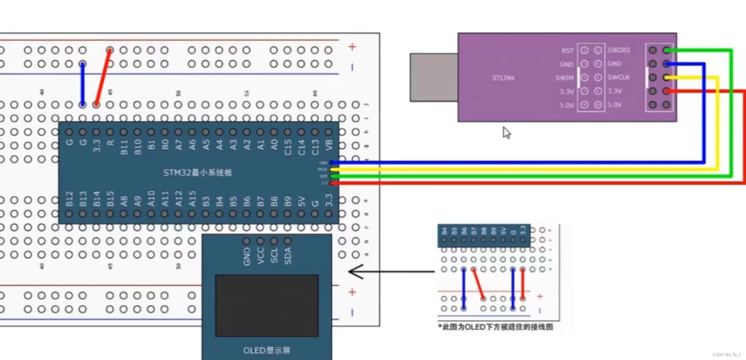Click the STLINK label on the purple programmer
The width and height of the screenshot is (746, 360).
(503, 78)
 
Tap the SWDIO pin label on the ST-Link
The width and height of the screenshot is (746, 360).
(619, 50)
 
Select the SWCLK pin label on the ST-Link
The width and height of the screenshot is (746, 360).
(619, 77)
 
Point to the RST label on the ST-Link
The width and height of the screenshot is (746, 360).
(567, 50)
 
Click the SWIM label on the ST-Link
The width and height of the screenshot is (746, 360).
(564, 78)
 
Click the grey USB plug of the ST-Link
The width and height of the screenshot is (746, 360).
(433, 77)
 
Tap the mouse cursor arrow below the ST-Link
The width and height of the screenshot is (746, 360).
(506, 133)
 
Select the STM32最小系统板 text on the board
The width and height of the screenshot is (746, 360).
(198, 172)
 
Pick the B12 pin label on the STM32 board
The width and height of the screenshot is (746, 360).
(69, 199)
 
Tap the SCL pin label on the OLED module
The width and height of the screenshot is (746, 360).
(274, 256)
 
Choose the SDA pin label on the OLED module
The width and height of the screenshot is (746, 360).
(288, 256)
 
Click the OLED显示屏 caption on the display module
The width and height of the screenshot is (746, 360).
(267, 350)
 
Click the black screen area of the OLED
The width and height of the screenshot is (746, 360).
(267, 305)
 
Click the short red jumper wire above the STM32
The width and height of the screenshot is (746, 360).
(103, 78)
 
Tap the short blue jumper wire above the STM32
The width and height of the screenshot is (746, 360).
(82, 84)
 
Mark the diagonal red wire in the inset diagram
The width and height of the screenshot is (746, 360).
(478, 284)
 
